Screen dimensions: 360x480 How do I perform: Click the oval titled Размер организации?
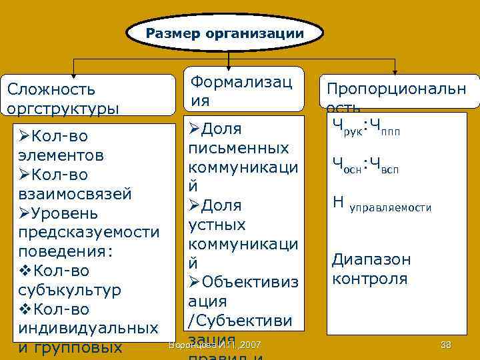tap(225, 33)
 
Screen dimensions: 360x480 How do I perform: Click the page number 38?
tap(446, 344)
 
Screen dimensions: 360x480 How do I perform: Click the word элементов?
tap(61, 155)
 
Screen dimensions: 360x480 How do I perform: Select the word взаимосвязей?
tap(75, 194)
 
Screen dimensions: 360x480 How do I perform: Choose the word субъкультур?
tap(71, 291)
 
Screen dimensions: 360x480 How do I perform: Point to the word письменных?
tap(239, 147)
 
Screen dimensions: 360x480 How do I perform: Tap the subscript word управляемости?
tap(391, 209)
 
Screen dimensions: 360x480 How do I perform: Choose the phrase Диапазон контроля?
tap(371, 269)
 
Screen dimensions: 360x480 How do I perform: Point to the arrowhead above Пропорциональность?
tap(396, 74)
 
